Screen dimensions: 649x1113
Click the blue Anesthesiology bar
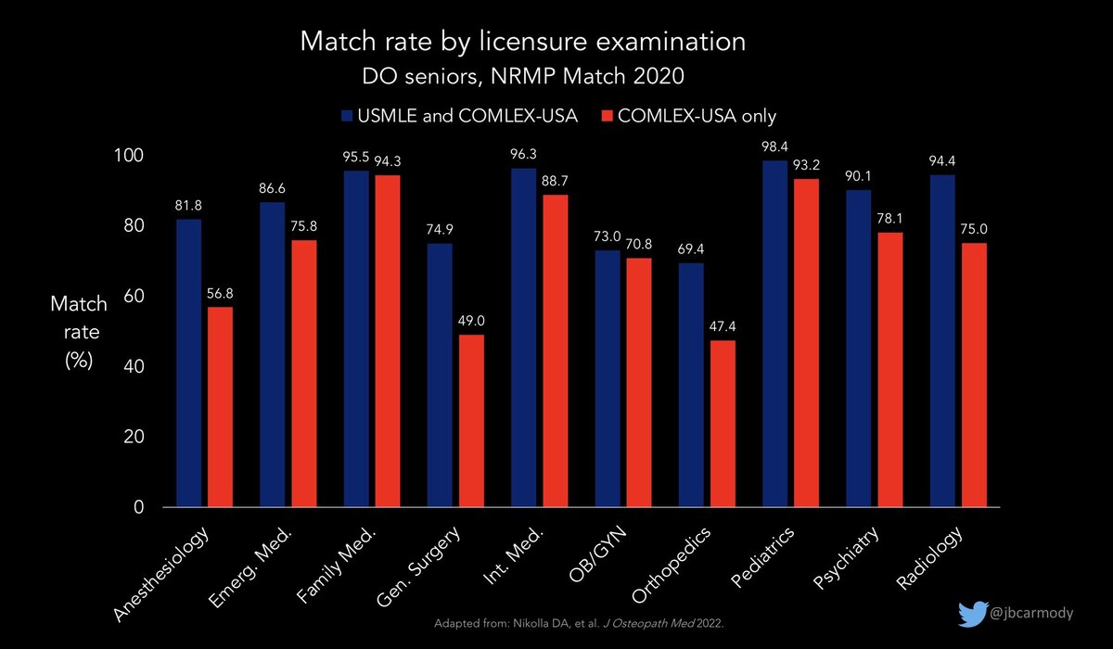pos(188,363)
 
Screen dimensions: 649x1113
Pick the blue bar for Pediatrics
pos(775,334)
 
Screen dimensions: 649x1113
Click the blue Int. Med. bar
pos(524,337)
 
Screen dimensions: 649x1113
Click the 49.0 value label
pos(471,321)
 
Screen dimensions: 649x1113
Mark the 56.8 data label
pos(221,294)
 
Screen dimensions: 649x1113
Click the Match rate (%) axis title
pos(78,333)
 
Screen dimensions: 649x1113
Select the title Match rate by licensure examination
pos(521,42)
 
